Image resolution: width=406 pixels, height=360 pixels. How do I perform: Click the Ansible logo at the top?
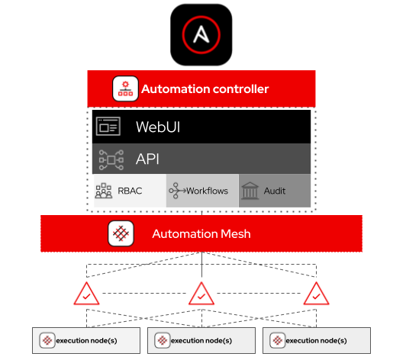201,34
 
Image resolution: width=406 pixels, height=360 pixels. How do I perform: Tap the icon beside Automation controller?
124,89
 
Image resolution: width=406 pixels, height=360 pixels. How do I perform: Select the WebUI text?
159,127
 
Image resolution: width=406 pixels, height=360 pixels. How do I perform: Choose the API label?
147,159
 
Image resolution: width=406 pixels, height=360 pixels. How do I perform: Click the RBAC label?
130,191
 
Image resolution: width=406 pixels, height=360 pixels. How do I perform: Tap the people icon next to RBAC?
104,191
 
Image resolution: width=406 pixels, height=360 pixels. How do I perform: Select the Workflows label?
208,191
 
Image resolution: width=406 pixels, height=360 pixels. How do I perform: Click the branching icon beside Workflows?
177,191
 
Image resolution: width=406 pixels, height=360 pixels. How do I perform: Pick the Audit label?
275,191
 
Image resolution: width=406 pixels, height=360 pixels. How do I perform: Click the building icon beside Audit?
250,191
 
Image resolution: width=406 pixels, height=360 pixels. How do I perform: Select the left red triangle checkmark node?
88,294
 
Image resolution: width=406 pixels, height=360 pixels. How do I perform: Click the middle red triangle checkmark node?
201,294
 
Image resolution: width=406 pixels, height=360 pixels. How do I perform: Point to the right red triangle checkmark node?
314,294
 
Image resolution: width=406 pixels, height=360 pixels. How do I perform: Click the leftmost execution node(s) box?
87,340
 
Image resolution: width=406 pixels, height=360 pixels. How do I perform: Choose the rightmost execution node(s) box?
316,340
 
